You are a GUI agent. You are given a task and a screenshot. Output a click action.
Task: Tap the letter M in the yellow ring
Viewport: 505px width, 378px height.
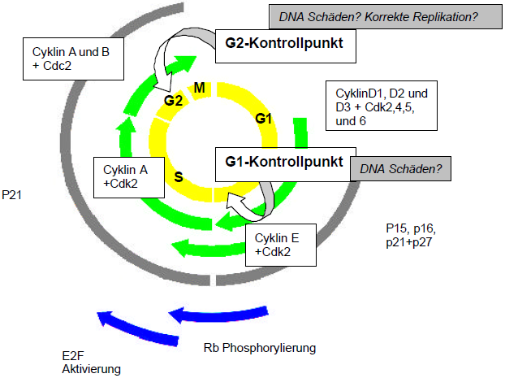[x=200, y=87]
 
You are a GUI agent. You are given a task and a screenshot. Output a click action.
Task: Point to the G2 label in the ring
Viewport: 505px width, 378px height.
[x=173, y=102]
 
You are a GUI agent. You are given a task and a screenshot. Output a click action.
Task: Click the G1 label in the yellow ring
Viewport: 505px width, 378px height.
[x=263, y=119]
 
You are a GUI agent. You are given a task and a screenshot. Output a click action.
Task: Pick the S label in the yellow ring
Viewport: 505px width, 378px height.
[x=179, y=176]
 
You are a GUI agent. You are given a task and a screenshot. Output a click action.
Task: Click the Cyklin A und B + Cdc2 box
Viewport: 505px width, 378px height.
[x=68, y=58]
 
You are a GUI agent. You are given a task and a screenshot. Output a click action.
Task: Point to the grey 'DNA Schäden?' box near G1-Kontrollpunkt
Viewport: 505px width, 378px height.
[x=399, y=169]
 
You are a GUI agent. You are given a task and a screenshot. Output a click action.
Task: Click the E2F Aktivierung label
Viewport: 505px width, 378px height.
[x=91, y=363]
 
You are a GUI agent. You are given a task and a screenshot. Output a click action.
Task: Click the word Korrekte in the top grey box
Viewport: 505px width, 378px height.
[x=389, y=16]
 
